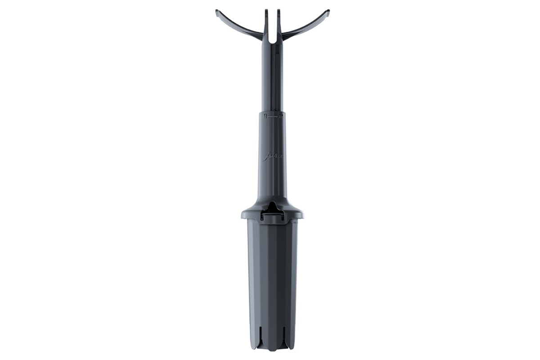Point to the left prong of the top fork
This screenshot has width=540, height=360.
click(266, 13)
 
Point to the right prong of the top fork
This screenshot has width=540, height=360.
click(279, 13)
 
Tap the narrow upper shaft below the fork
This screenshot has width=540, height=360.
click(272, 76)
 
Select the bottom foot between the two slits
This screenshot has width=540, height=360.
click(273, 344)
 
